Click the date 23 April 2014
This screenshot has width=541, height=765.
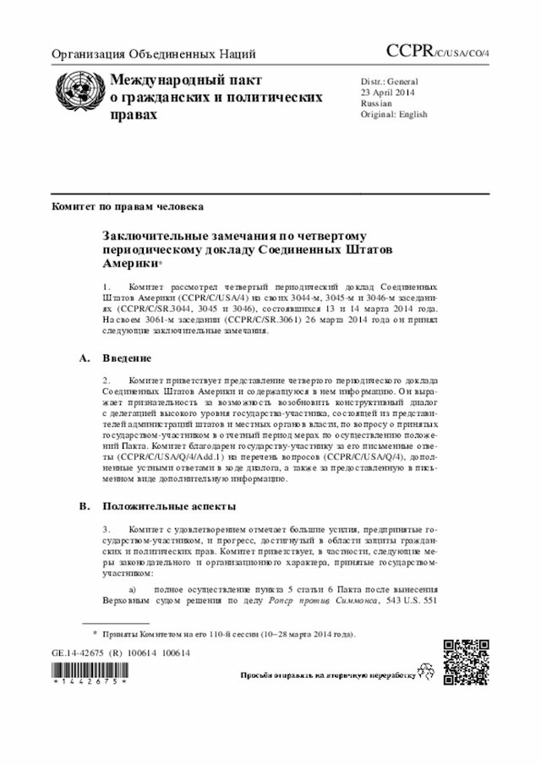click(388, 92)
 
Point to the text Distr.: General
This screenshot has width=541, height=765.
click(389, 81)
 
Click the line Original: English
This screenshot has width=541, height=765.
click(394, 114)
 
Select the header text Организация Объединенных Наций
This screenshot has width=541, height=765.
click(154, 55)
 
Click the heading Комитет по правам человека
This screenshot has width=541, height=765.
click(127, 205)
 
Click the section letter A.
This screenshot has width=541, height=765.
click(84, 358)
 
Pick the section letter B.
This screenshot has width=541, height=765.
click(84, 505)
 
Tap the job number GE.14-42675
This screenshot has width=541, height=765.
click(82, 653)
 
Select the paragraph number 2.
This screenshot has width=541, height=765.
click(106, 381)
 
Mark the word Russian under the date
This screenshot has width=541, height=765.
click(377, 103)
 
